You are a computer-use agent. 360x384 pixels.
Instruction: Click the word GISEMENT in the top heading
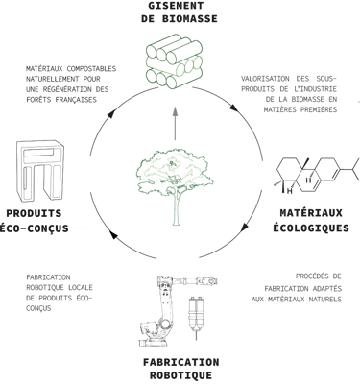[176, 6]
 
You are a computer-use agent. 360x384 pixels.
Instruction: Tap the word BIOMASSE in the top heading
[190, 18]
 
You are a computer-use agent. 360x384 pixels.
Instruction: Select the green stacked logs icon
[175, 60]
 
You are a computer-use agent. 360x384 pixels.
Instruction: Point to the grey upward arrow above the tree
[175, 123]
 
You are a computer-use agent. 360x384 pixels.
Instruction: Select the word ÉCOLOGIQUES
[311, 228]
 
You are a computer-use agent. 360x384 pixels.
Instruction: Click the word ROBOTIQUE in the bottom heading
[180, 375]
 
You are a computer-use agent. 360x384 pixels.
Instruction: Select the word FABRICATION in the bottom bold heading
[181, 362]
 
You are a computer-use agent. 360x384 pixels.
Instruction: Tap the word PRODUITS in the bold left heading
[34, 213]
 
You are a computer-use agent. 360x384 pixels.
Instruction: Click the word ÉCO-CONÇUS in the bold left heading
[34, 228]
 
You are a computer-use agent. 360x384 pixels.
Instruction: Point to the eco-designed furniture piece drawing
[39, 171]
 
